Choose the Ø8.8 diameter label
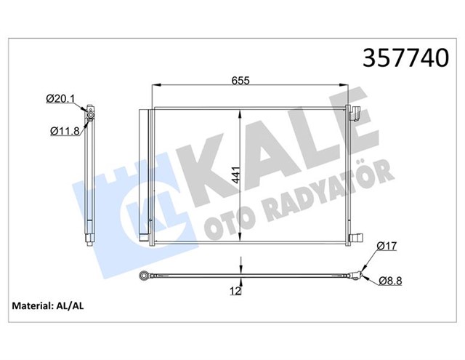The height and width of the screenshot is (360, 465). pos(389,281)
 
